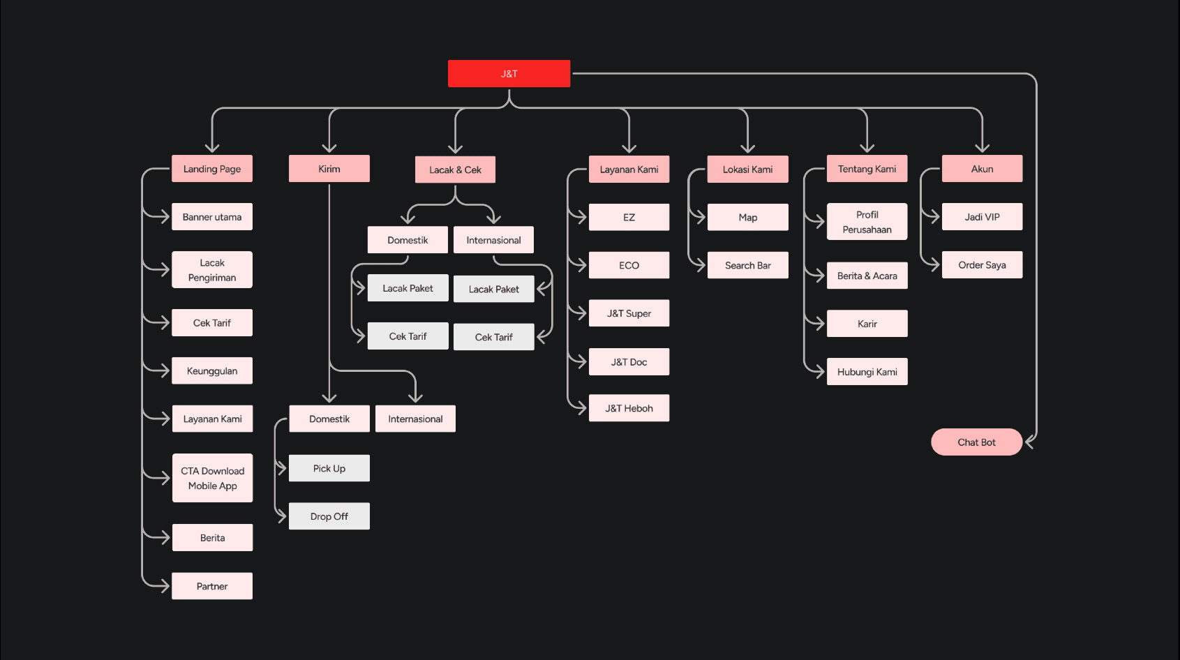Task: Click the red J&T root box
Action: [x=509, y=73]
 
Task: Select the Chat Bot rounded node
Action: [x=976, y=442]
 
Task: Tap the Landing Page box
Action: [x=212, y=169]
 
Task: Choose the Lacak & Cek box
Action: [x=455, y=170]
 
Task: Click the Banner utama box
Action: [x=212, y=217]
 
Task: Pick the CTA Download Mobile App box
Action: [x=212, y=478]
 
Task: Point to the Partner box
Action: [x=212, y=586]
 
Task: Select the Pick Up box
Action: [x=329, y=468]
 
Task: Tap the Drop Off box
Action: [x=329, y=516]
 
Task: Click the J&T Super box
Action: [x=629, y=313]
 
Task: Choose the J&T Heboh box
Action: [x=629, y=408]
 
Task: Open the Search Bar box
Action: [x=747, y=265]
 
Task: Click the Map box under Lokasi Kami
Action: [x=747, y=217]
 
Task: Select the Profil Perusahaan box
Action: [x=867, y=222]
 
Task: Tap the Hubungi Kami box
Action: [x=867, y=372]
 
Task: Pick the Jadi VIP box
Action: [x=982, y=217]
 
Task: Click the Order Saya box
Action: [x=982, y=265]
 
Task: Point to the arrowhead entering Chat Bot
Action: [x=1029, y=442]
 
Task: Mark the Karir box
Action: [x=867, y=324]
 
